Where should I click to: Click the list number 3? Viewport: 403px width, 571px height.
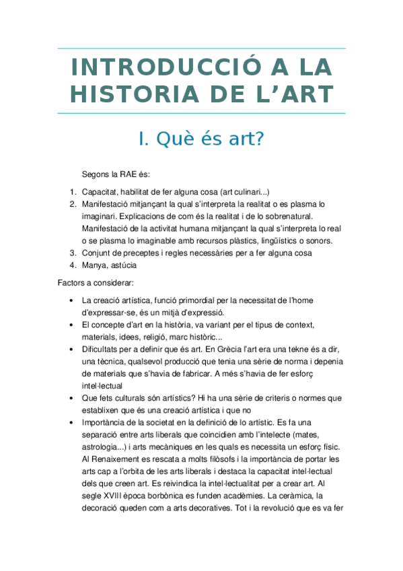point(73,253)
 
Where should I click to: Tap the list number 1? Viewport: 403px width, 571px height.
point(73,191)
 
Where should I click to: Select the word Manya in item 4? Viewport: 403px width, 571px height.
point(94,265)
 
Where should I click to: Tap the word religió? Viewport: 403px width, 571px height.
point(176,337)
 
